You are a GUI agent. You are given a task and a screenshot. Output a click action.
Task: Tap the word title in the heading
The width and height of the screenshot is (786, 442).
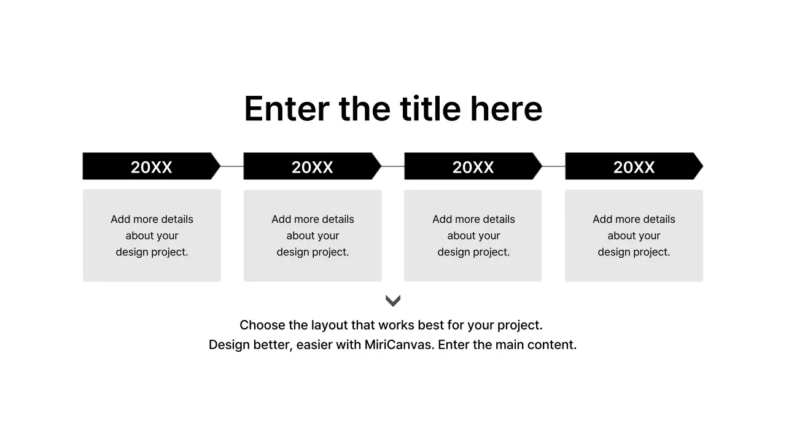click(430, 109)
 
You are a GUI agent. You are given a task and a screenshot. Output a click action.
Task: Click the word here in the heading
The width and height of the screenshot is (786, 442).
click(506, 109)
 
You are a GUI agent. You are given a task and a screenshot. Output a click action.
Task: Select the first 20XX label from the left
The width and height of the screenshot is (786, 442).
click(151, 167)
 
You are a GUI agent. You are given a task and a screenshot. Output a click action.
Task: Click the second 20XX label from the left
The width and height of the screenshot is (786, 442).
click(312, 167)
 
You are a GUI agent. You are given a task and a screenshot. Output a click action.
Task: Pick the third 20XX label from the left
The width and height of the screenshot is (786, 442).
click(473, 167)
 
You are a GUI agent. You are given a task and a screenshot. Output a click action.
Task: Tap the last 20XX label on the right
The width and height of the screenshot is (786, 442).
click(634, 167)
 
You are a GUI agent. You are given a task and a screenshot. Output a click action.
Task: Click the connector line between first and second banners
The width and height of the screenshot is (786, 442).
click(232, 166)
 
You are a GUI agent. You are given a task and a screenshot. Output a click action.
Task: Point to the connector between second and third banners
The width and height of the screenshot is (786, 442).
click(393, 166)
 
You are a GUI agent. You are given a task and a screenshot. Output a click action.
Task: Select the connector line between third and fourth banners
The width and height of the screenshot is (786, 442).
click(554, 166)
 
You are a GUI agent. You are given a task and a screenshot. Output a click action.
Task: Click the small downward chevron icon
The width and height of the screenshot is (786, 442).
click(393, 300)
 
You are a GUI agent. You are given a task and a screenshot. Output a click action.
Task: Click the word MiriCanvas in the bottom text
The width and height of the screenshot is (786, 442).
click(399, 345)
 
